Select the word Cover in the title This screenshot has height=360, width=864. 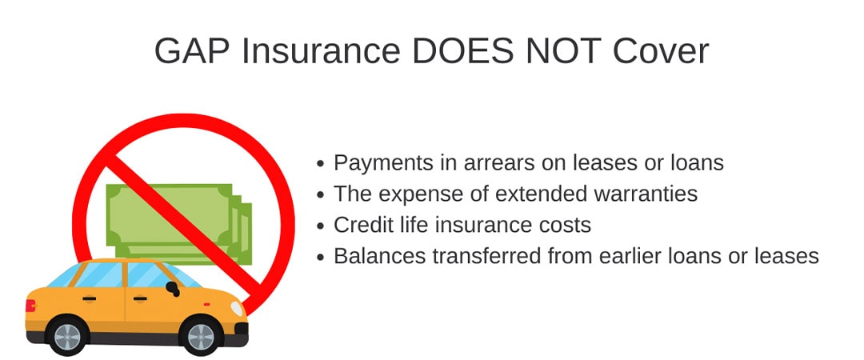click(661, 51)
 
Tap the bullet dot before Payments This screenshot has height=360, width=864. click(321, 164)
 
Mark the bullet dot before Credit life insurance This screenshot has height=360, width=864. click(321, 226)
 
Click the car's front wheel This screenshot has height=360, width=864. click(201, 336)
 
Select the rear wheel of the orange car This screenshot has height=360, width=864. click(67, 336)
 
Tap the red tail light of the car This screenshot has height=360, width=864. click(30, 306)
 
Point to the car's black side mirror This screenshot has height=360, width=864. click(173, 288)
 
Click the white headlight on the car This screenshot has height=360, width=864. click(236, 309)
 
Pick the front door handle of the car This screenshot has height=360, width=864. click(140, 299)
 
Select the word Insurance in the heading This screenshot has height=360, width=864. click(321, 51)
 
